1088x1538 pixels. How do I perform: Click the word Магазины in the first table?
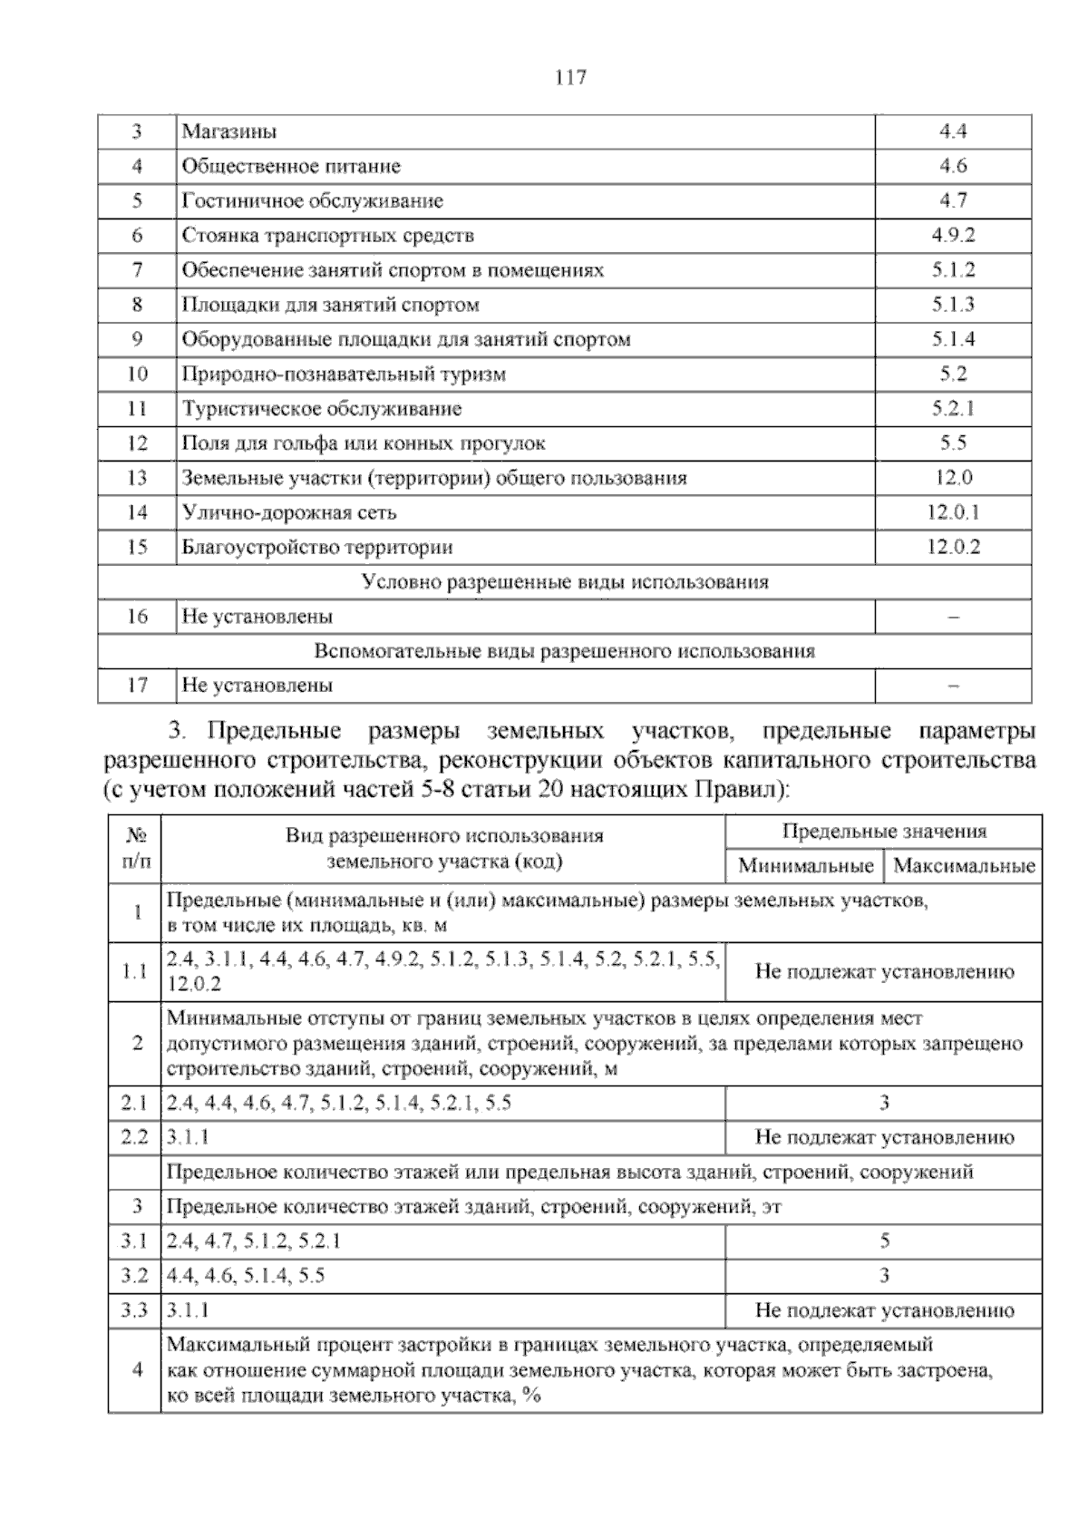point(229,131)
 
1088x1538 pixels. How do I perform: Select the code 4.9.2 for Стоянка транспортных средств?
point(953,236)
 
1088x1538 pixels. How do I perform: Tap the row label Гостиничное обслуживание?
point(312,201)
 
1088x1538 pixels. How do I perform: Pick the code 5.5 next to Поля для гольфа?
point(953,443)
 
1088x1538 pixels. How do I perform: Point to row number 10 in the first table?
point(137,375)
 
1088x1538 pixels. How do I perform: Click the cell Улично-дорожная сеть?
point(289,513)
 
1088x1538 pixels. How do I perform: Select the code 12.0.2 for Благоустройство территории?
point(953,548)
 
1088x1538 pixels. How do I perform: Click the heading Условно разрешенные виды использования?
point(564,582)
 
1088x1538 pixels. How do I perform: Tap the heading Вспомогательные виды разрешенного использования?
point(564,651)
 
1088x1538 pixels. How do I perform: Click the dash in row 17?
point(953,686)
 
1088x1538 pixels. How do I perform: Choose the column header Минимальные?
point(805,865)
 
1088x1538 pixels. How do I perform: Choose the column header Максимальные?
point(964,865)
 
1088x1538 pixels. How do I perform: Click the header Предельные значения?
point(884,832)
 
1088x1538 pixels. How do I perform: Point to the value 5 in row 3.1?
point(884,1241)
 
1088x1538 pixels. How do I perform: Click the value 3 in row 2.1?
point(884,1104)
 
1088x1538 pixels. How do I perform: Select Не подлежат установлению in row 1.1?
point(884,972)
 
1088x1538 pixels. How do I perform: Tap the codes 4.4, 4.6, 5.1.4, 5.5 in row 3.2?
point(246,1276)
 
